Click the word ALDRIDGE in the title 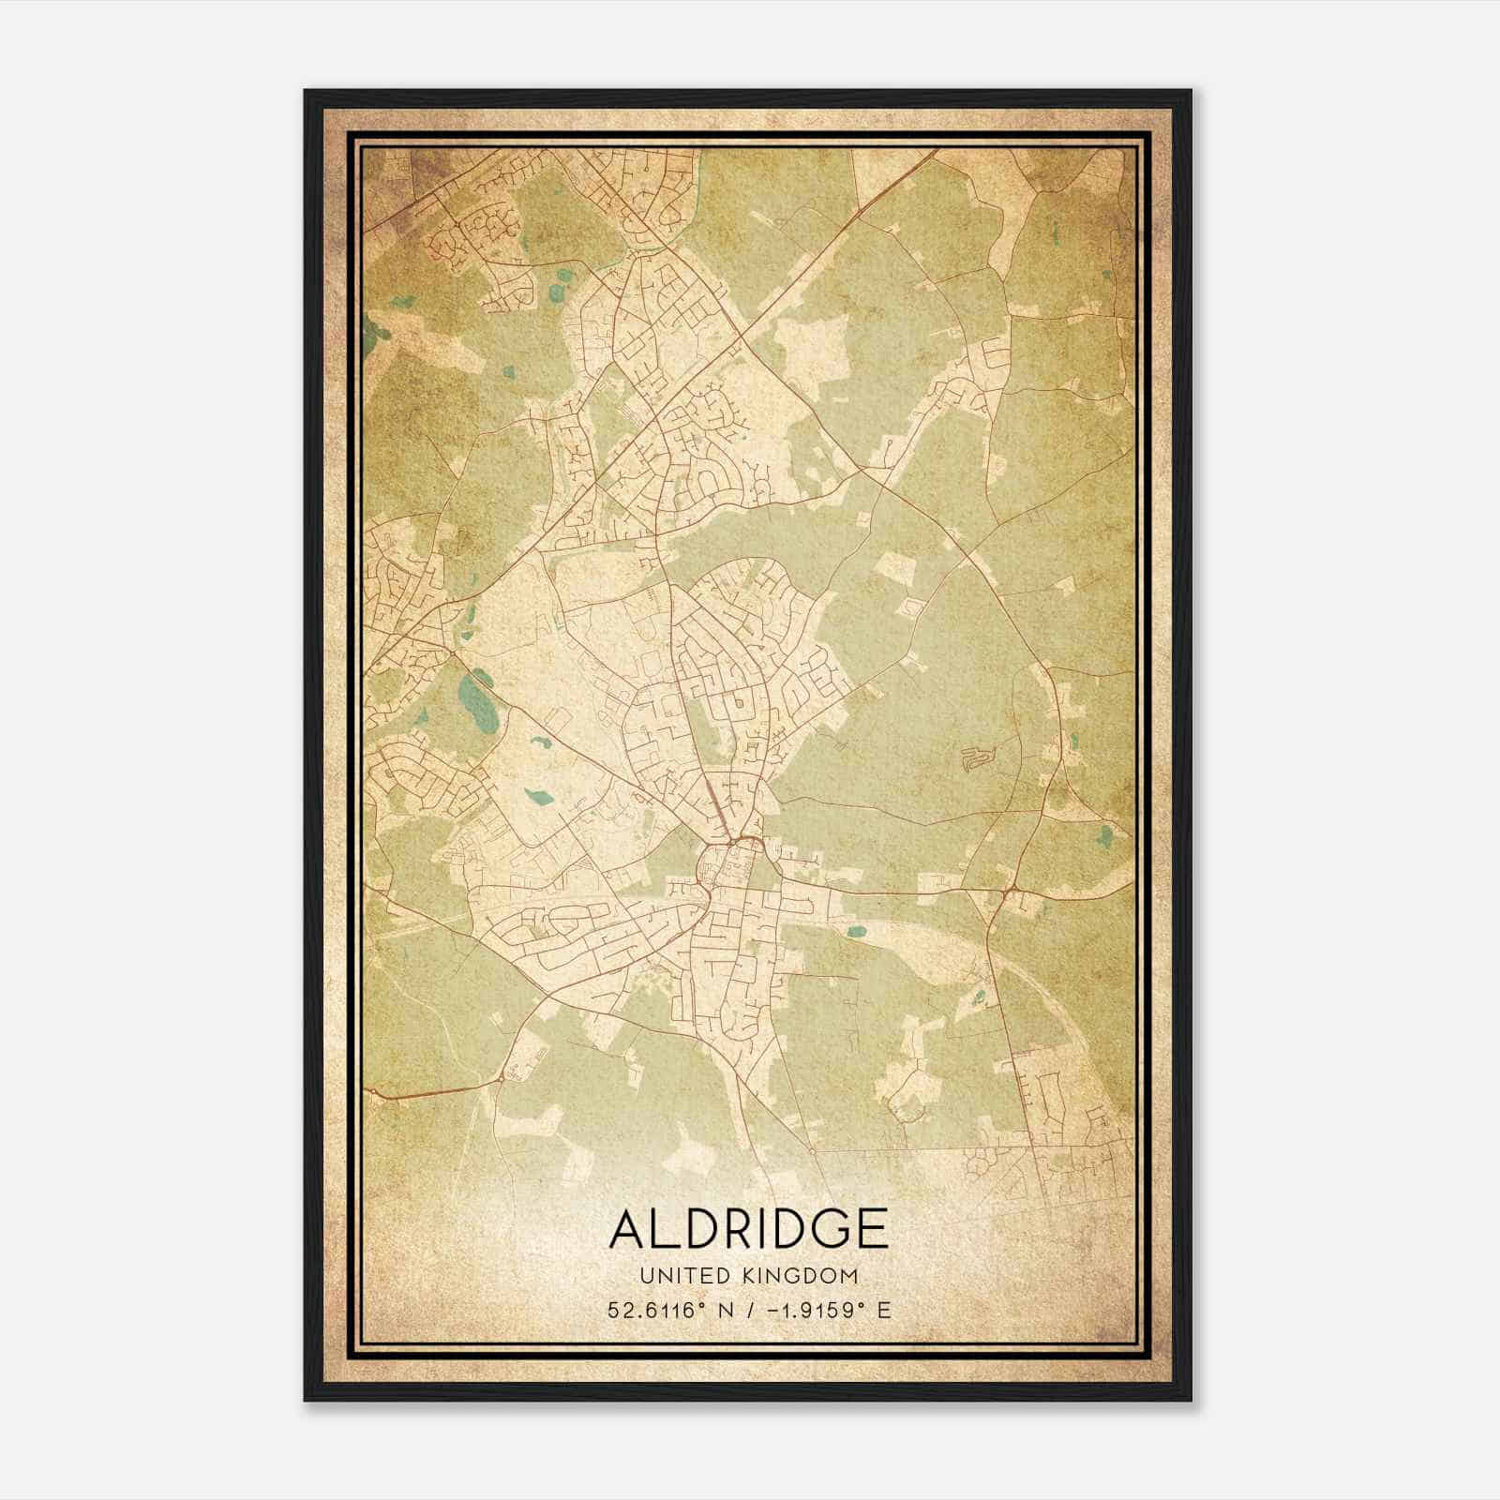point(748,1228)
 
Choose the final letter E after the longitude point(883,1310)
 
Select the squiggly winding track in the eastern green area point(975,758)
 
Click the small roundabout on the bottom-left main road point(502,1078)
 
